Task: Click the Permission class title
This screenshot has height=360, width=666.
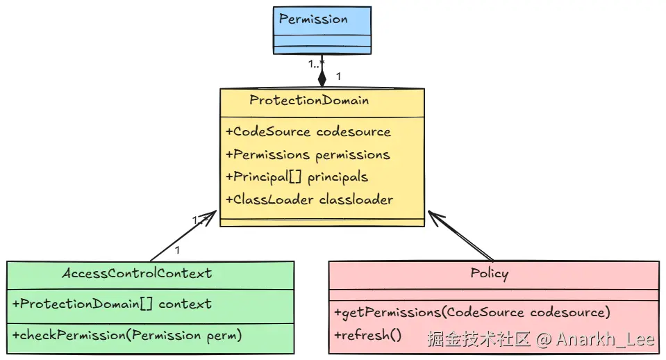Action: [313, 19]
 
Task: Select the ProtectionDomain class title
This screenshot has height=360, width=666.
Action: [309, 100]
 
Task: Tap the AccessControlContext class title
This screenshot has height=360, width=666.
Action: [137, 273]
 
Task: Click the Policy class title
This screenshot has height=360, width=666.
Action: [490, 273]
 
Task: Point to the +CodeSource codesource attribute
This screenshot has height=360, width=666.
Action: [308, 132]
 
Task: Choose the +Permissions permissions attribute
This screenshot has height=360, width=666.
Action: [308, 155]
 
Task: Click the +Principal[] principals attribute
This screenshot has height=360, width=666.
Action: [297, 177]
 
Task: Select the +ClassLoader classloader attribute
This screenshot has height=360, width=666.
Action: [309, 199]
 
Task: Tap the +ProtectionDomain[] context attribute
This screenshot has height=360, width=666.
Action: [112, 304]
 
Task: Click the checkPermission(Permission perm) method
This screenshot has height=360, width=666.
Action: [127, 336]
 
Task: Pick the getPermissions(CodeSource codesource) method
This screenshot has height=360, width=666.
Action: [472, 313]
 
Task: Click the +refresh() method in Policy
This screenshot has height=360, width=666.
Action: [367, 335]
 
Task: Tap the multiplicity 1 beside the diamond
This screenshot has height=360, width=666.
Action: [338, 76]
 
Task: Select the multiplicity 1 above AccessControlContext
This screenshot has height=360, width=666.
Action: [178, 250]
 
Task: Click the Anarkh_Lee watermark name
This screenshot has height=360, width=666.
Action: [606, 339]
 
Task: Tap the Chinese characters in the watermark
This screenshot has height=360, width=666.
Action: [478, 339]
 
